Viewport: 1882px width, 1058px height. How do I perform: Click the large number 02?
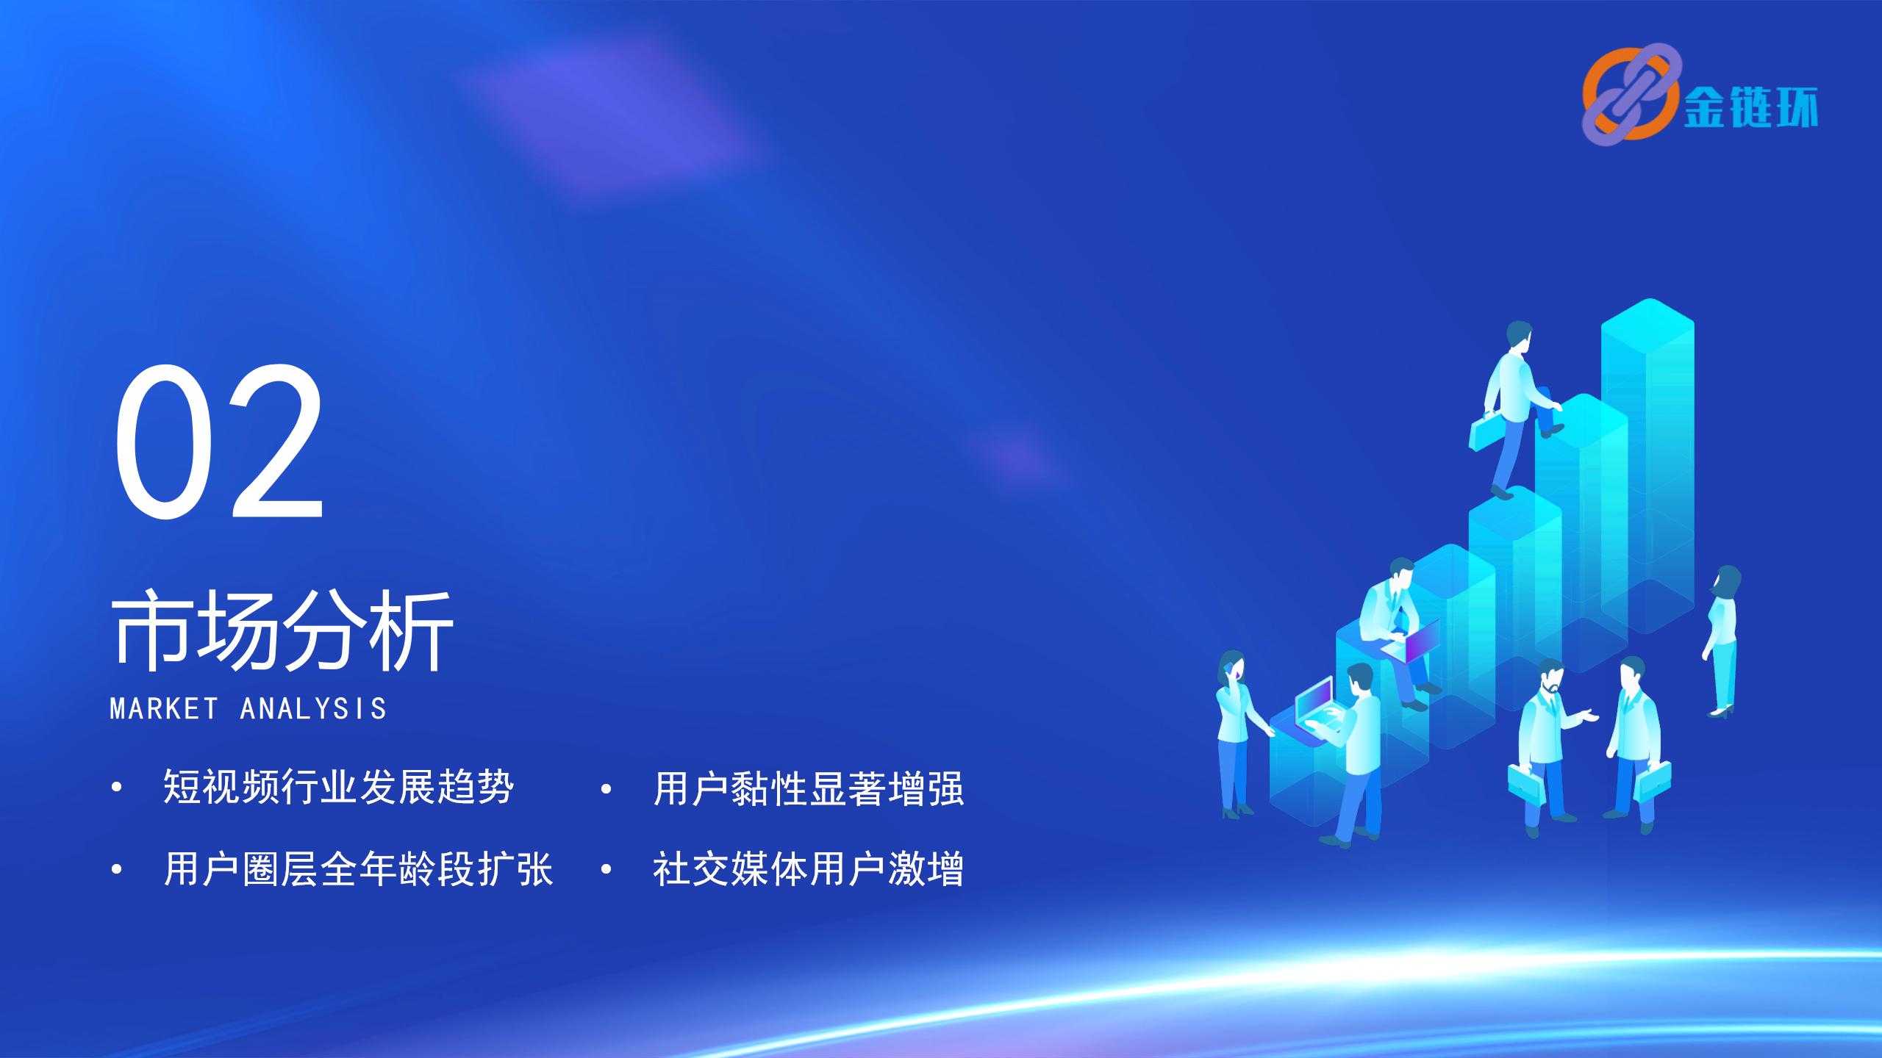219,442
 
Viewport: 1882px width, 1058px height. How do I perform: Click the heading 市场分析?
282,631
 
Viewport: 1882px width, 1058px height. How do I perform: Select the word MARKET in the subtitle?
164,709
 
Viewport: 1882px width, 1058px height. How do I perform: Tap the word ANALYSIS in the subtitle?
313,709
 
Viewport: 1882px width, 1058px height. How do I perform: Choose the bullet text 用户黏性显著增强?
808,788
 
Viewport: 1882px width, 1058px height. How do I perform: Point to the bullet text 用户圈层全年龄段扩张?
358,869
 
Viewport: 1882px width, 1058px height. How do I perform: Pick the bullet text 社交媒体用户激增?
808,869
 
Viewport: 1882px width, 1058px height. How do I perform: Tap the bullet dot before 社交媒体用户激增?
606,870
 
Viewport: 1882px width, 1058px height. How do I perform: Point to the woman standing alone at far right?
1723,641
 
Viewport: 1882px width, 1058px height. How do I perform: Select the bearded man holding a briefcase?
1546,746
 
